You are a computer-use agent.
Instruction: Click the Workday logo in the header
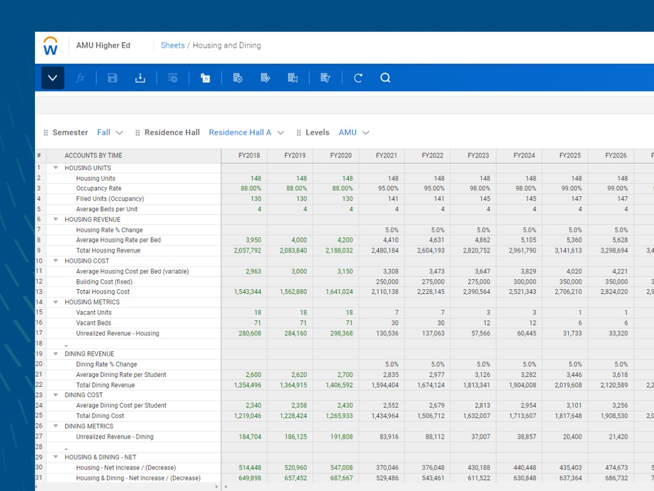point(51,46)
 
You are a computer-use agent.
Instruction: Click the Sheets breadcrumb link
point(172,45)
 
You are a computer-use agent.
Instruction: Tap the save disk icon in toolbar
point(113,78)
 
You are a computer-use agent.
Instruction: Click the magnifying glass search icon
point(385,78)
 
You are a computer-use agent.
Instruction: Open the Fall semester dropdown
point(110,133)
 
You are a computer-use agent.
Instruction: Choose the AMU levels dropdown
point(354,133)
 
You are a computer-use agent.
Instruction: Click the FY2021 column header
point(386,155)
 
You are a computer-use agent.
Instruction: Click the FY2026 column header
point(615,155)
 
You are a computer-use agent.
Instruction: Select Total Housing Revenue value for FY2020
point(340,251)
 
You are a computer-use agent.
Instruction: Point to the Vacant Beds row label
point(94,323)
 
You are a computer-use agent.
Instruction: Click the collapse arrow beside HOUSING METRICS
point(56,302)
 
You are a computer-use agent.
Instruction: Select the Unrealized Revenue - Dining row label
point(114,436)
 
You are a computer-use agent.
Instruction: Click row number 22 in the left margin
point(39,385)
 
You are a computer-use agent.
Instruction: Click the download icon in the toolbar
point(140,78)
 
